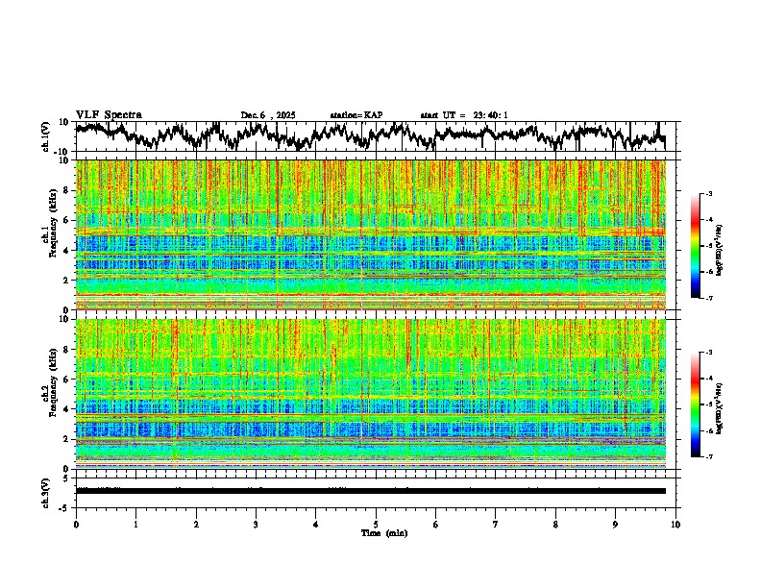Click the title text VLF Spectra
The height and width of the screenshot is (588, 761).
click(109, 115)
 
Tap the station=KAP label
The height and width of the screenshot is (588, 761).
click(356, 115)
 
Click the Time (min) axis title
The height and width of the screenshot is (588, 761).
click(382, 532)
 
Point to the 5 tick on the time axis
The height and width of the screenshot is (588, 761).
click(376, 524)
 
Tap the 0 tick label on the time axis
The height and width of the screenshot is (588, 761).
click(76, 524)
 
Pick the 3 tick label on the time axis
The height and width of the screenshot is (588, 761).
click(256, 524)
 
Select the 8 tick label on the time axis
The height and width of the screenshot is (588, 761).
click(555, 524)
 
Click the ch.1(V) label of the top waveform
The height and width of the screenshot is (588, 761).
click(46, 136)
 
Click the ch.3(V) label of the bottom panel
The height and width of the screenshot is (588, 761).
click(46, 490)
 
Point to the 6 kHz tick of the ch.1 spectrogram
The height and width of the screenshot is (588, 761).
click(67, 220)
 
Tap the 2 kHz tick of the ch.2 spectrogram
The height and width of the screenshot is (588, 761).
click(67, 439)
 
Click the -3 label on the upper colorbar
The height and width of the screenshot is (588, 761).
click(710, 195)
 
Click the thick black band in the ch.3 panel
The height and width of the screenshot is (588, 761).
click(370, 491)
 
